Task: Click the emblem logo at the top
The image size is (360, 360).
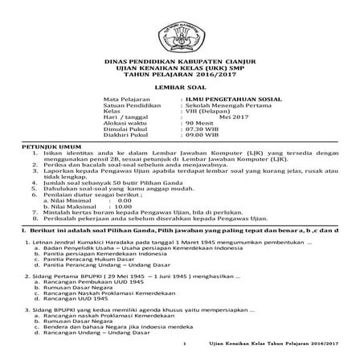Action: pos(179,31)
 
